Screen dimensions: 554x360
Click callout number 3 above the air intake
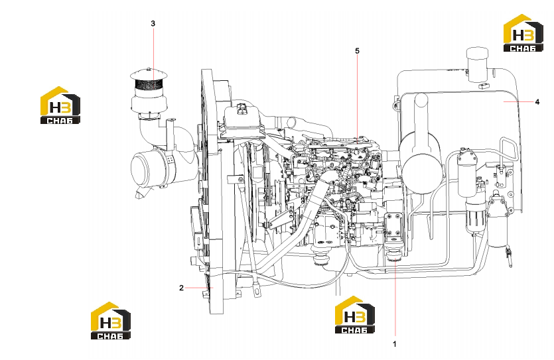coord(153,24)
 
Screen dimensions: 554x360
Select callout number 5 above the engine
coord(357,51)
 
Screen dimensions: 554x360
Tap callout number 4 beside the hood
coord(537,101)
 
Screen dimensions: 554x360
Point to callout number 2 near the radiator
coord(181,288)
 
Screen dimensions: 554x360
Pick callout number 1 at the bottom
coord(395,344)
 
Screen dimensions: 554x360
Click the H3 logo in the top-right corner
coord(523,33)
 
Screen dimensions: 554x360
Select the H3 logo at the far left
coord(60,105)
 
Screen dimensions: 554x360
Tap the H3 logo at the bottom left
coord(111,321)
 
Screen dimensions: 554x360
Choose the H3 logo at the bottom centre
coord(355,315)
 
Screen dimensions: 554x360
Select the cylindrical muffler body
coord(421,162)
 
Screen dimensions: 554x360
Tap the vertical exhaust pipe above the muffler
coord(421,113)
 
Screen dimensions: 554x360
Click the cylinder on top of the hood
coord(477,64)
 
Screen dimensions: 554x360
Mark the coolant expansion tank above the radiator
coord(243,118)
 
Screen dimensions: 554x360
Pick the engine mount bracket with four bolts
coord(393,225)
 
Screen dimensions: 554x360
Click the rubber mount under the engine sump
coord(322,257)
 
